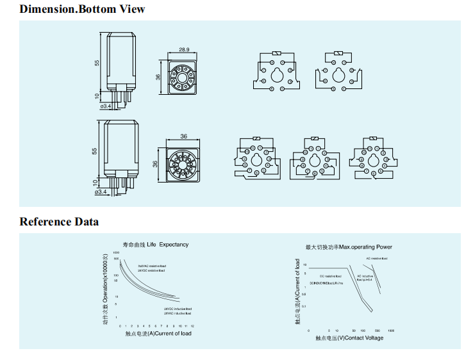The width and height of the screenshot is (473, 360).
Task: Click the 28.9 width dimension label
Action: (185, 49)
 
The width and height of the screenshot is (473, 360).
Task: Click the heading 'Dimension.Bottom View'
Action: (82, 9)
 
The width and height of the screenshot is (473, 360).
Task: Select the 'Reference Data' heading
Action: (59, 222)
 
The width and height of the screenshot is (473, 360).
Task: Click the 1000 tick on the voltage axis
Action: (390, 331)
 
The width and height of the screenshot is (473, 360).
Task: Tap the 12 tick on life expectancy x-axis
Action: (192, 326)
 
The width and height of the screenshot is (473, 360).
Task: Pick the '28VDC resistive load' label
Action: (151, 271)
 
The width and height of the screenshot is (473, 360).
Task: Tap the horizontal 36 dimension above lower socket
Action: (184, 136)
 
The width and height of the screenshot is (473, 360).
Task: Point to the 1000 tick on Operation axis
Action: (117, 252)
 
